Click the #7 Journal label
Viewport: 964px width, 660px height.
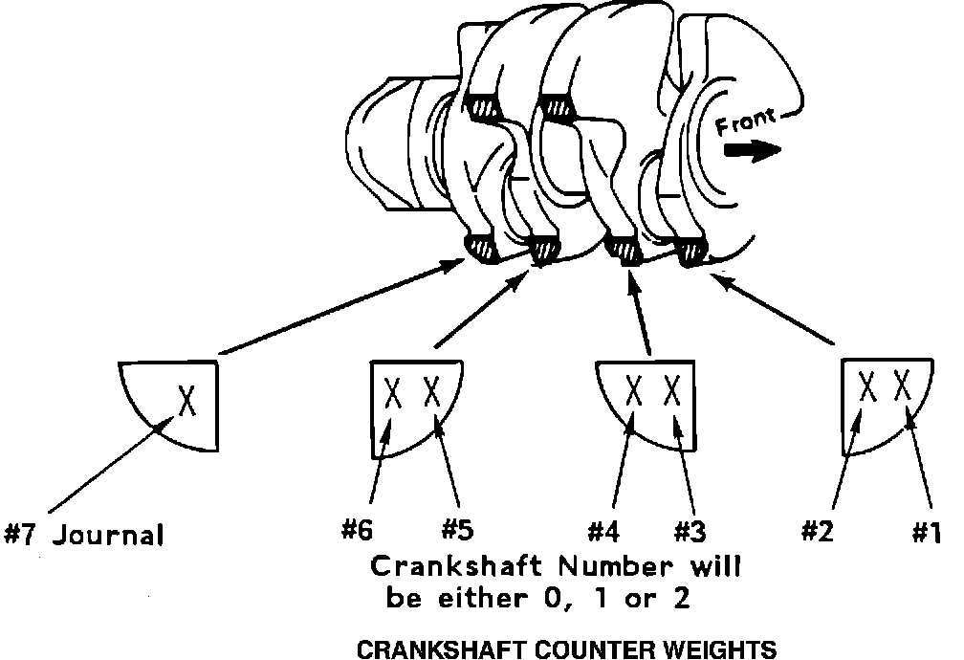pos(84,534)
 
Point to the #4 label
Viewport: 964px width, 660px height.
pos(608,531)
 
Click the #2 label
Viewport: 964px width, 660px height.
pos(818,531)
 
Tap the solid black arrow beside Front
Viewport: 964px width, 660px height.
pos(752,150)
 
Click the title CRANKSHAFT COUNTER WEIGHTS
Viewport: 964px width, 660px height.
pos(566,650)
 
